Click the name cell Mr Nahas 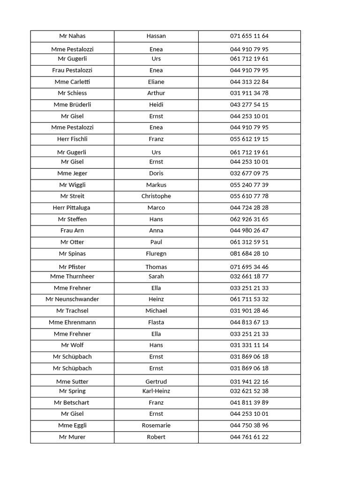click(72, 36)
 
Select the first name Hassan click(156, 36)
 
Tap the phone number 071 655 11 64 click(249, 36)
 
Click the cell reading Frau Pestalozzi click(72, 70)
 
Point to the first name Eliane click(156, 82)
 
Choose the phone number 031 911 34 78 click(249, 93)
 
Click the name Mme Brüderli click(72, 105)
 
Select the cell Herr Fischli click(72, 139)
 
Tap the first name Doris click(156, 173)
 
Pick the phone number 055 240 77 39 click(249, 185)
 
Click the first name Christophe click(156, 196)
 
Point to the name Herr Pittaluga click(72, 208)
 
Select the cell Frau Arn click(72, 231)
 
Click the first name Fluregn click(156, 254)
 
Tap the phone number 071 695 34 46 click(249, 267)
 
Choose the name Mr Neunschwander click(72, 299)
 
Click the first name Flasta click(156, 322)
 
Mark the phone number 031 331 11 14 click(249, 345)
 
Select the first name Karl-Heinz click(156, 391)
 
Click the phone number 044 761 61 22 click(249, 437)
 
